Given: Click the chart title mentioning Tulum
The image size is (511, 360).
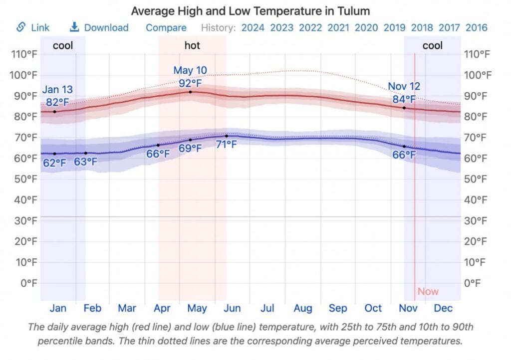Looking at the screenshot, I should [250, 10].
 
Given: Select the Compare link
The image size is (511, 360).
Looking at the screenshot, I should [166, 27].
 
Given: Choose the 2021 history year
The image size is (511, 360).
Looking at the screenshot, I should [338, 27].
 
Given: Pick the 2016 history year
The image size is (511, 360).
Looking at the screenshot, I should [477, 27].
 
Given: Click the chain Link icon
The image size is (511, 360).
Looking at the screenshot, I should [21, 27].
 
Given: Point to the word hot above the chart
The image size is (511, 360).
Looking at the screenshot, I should [192, 45].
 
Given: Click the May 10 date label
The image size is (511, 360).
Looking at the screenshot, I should [190, 70].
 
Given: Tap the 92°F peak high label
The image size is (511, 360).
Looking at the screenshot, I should [190, 83].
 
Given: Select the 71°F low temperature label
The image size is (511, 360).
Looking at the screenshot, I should [227, 145].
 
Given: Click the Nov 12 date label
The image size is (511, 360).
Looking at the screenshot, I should [404, 86].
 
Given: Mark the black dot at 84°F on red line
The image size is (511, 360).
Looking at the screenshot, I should [404, 108].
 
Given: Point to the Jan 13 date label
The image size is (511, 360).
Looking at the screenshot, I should [57, 90].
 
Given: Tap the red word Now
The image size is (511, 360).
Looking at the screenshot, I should [428, 292].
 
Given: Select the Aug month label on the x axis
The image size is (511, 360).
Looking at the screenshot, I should [302, 308].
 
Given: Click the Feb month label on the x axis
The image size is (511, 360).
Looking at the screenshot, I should [92, 308].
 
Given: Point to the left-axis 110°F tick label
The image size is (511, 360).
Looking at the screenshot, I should [24, 54].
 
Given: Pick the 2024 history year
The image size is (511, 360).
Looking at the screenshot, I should [253, 27].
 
